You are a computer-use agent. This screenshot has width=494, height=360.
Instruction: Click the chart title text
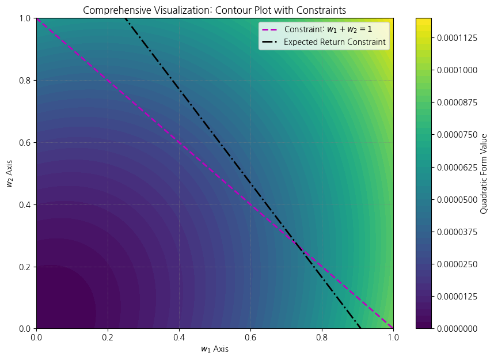pos(214,10)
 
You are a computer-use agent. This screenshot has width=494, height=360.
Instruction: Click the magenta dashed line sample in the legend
pos(271,29)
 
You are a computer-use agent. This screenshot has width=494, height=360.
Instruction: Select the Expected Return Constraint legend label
pos(335,42)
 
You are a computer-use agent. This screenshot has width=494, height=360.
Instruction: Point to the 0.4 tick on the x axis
pos(179,329)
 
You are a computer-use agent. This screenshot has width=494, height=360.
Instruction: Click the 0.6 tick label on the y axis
pos(25,142)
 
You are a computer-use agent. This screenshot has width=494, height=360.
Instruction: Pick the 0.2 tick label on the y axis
pos(25,267)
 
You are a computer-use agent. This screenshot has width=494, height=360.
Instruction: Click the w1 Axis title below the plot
pos(214,349)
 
